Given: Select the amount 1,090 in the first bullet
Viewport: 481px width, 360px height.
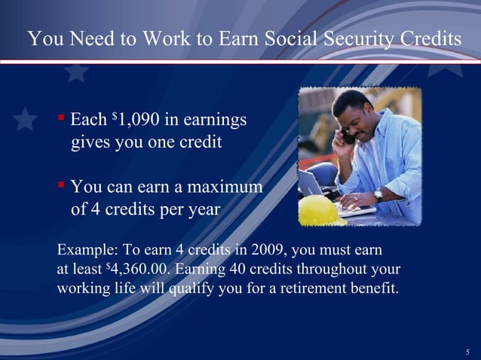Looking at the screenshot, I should tap(139, 120).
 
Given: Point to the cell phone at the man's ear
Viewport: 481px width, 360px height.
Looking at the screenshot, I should tap(349, 136).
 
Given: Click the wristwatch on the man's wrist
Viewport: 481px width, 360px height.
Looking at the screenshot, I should tap(378, 194).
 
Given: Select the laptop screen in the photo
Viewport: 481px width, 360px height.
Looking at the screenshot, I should tap(310, 183).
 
